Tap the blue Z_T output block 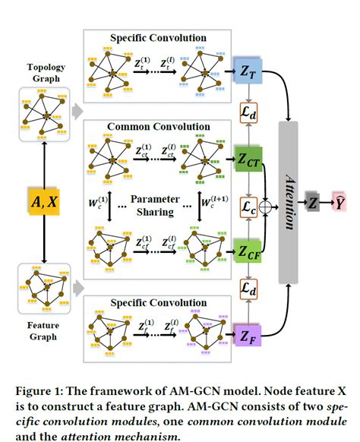click(x=248, y=69)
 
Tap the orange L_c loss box click(x=248, y=205)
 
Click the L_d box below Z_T click(x=248, y=113)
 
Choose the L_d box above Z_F click(x=248, y=289)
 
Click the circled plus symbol click(x=265, y=205)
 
